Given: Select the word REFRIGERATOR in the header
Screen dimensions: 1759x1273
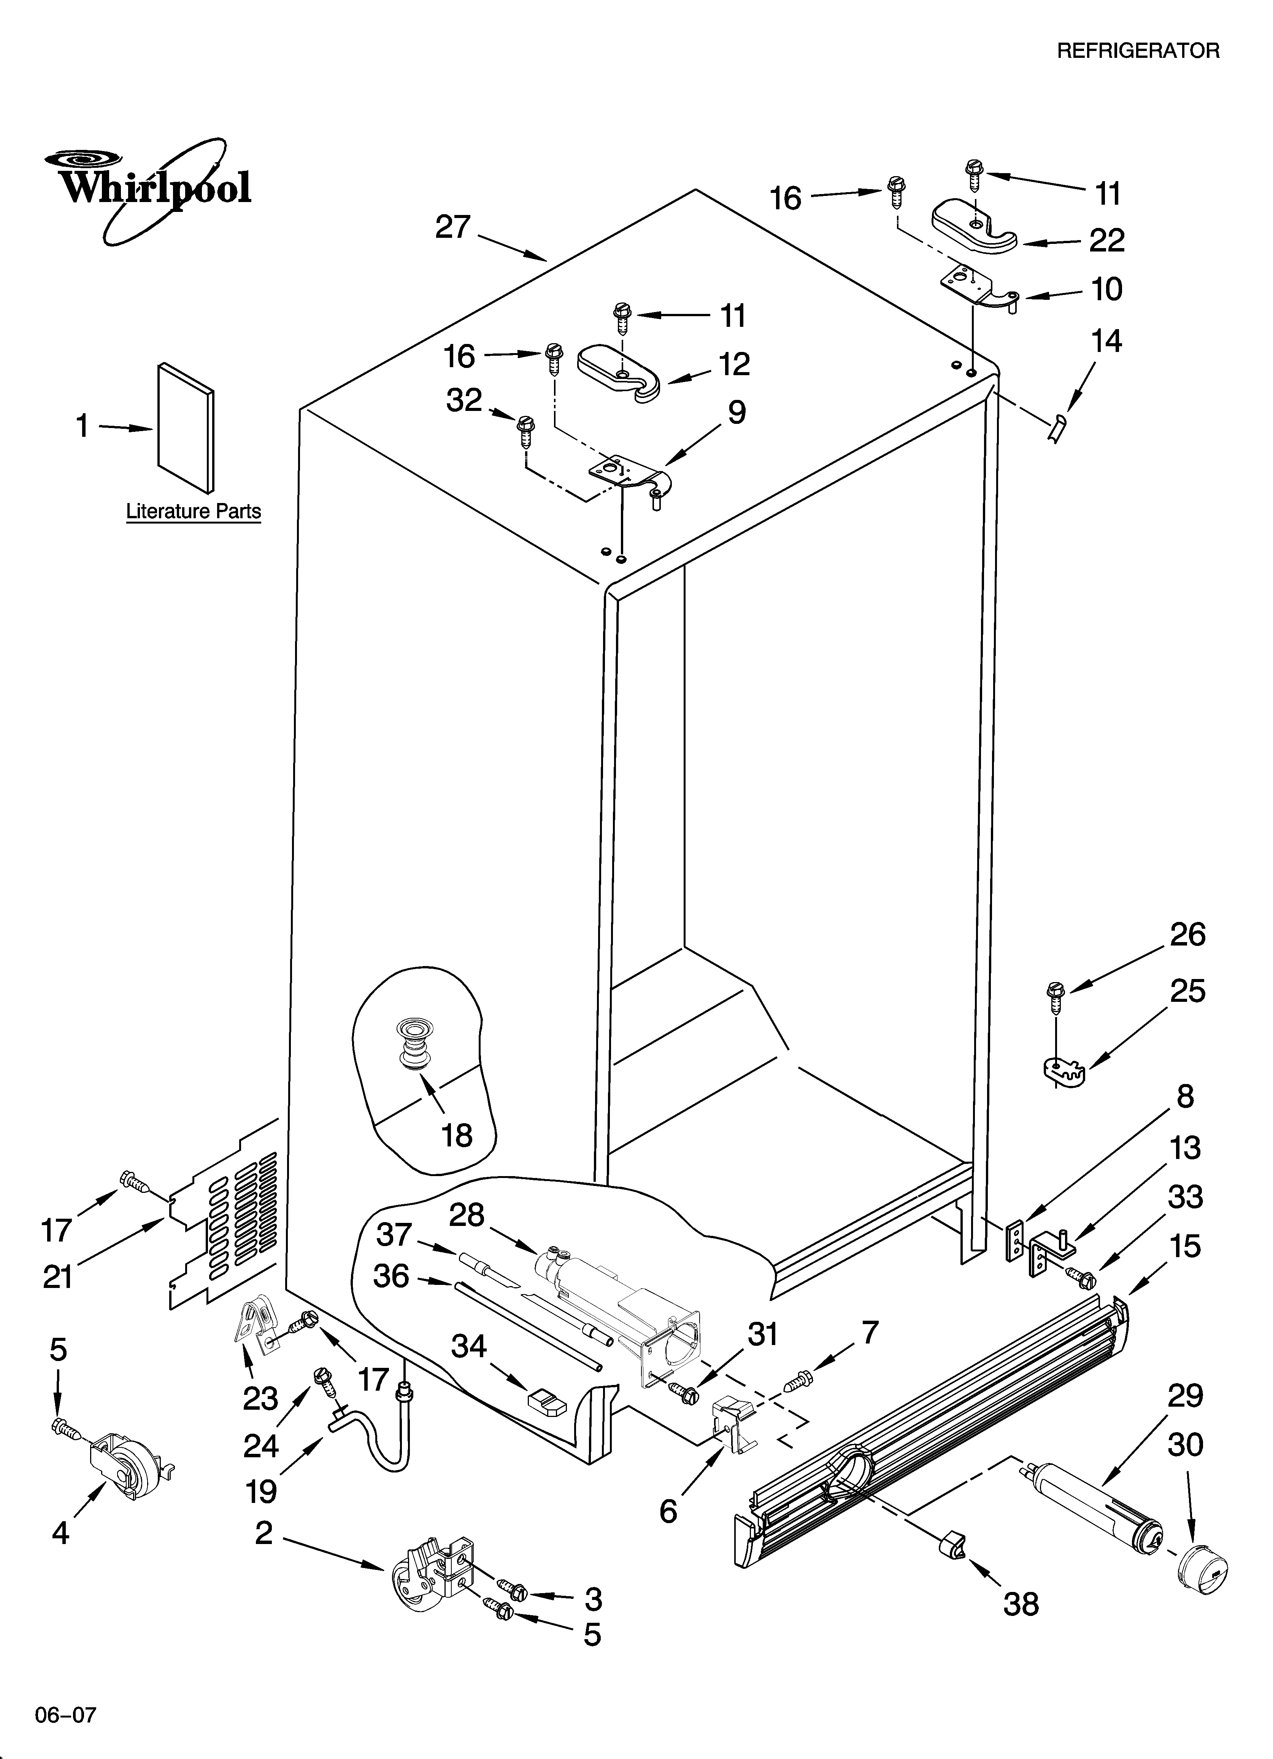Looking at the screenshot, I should [x=1138, y=51].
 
